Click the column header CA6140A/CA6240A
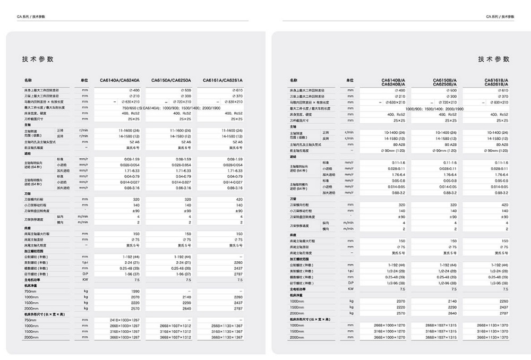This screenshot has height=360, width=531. pos(119,81)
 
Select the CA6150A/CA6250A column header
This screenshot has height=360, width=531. pos(171,81)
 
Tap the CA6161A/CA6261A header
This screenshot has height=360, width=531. pos(222,81)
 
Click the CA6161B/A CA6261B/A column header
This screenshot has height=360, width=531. pos(496,82)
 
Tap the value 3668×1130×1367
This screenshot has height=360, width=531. pos(227,337)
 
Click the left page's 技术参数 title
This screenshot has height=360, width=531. pos(38,59)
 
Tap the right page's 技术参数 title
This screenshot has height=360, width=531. pos(493,59)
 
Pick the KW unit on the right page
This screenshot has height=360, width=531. pos(350,289)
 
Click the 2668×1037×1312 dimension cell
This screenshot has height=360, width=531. pos(176,326)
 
